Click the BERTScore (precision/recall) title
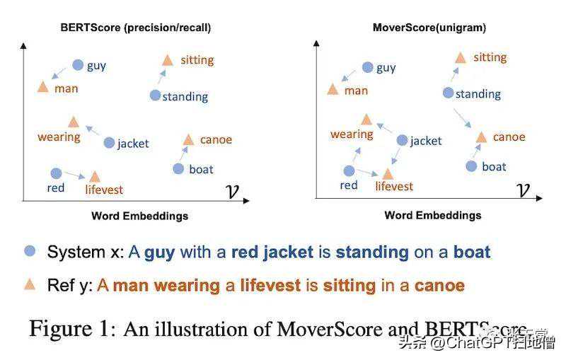(x=135, y=28)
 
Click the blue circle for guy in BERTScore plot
(x=79, y=65)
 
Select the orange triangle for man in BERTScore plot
(x=42, y=87)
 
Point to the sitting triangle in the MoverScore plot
(x=460, y=57)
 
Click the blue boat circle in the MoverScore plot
(x=472, y=166)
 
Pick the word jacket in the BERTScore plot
(x=133, y=144)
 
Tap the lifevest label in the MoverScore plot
(x=394, y=186)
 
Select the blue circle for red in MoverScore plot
(x=349, y=170)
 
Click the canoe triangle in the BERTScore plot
(x=188, y=139)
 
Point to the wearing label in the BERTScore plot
(x=59, y=137)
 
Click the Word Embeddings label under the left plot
(x=139, y=216)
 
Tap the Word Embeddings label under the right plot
(x=432, y=215)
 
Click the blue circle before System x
(x=30, y=251)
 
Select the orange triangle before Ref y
(x=30, y=284)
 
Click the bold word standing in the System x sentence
(x=372, y=252)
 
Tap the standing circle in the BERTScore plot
(x=156, y=95)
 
